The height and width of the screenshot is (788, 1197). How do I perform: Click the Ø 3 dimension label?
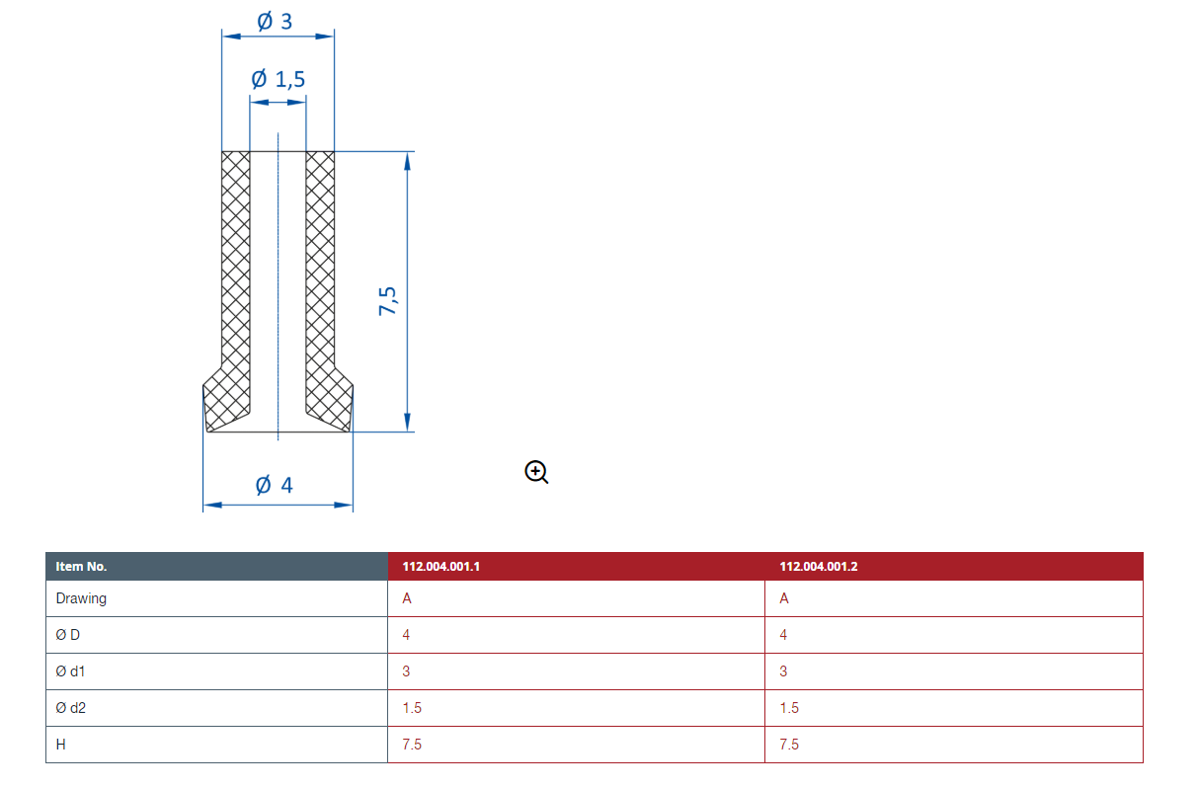click(x=275, y=22)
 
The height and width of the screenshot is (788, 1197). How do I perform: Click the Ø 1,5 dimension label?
click(x=278, y=79)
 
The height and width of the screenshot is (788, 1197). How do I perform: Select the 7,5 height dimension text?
click(x=387, y=301)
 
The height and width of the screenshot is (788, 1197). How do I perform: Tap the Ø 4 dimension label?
click(x=275, y=485)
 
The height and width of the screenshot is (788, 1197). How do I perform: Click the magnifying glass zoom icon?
click(x=536, y=472)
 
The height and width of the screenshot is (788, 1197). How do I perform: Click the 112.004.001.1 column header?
click(x=440, y=566)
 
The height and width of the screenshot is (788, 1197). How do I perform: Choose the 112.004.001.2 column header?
click(x=818, y=566)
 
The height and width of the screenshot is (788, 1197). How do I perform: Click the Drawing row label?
click(x=81, y=598)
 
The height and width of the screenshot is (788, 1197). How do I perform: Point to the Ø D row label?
click(x=68, y=635)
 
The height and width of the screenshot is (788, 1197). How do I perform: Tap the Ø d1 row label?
click(x=70, y=671)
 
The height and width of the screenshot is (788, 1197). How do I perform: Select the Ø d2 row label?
click(x=70, y=707)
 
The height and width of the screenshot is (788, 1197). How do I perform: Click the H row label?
click(x=60, y=745)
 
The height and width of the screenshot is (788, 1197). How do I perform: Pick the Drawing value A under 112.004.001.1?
click(x=407, y=598)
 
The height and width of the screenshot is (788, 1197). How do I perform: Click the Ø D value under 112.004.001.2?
click(x=783, y=635)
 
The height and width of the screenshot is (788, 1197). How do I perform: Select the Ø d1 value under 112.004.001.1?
click(x=406, y=671)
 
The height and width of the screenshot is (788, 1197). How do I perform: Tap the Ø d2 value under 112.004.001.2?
click(x=789, y=708)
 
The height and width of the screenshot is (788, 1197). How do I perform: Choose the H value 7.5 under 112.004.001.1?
click(x=412, y=745)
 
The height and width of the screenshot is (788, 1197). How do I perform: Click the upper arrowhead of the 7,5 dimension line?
click(x=407, y=161)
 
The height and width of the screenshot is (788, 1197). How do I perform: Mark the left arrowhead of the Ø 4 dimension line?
click(x=212, y=505)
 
